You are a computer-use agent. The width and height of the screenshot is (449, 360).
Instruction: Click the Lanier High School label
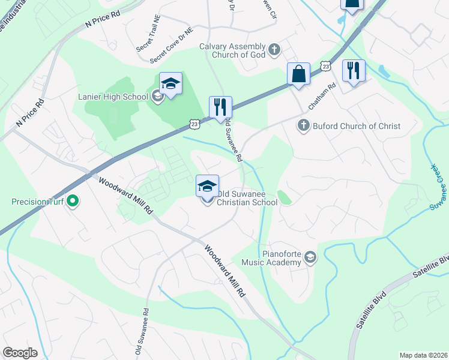[x=113, y=97]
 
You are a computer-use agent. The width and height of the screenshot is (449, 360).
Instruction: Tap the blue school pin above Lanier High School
[x=170, y=85]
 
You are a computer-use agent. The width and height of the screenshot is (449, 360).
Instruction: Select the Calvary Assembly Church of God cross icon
[x=274, y=50]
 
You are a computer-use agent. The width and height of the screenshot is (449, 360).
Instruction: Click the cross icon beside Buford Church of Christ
[x=303, y=126]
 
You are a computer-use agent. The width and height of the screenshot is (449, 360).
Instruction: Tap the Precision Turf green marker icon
[x=73, y=202]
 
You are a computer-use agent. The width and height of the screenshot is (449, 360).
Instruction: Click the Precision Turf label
[x=38, y=202]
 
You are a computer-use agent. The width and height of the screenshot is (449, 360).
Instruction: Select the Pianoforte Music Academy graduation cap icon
[x=310, y=257]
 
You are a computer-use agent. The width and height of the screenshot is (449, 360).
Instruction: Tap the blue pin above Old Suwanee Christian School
[x=207, y=186]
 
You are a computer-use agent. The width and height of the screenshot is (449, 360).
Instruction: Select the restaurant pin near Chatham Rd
[x=353, y=71]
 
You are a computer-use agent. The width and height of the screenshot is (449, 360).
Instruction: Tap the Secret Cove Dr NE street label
[x=172, y=46]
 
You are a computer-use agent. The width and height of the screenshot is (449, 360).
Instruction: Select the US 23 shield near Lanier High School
[x=194, y=124]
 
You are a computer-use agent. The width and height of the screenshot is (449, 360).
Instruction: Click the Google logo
[x=20, y=353]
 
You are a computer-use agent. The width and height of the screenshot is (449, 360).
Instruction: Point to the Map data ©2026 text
[x=423, y=355]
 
